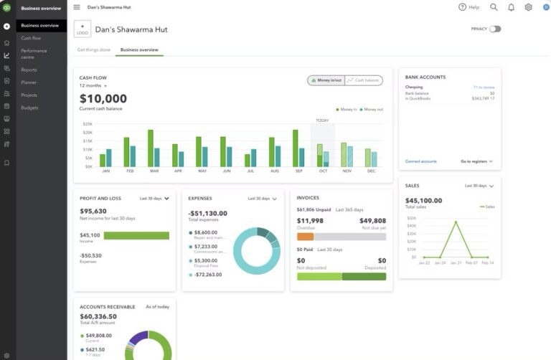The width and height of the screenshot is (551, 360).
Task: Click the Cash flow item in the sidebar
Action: click(31, 38)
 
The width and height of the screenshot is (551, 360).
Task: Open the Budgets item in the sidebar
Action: click(29, 108)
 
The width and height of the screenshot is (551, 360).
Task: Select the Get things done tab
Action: click(94, 50)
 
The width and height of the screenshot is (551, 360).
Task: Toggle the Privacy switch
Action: click(495, 29)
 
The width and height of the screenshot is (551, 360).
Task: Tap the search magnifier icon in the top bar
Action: click(494, 7)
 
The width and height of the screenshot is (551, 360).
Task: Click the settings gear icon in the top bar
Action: click(528, 7)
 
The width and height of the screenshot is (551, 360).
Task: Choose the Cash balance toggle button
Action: click(364, 80)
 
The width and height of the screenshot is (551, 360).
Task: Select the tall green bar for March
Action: click(151, 148)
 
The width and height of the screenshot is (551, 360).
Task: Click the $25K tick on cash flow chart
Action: click(88, 123)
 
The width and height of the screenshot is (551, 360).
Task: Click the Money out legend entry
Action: click(371, 110)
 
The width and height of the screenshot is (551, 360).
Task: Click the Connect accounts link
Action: click(420, 161)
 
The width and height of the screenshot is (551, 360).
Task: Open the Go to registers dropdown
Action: click(476, 161)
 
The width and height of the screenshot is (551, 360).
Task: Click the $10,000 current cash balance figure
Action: click(103, 99)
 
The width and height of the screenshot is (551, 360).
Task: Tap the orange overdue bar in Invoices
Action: click(305, 236)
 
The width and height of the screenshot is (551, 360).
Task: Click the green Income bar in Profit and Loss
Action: click(136, 235)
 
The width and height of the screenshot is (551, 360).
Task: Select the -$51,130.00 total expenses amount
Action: click(207, 213)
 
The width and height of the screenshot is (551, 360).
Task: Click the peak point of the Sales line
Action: click(456, 222)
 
